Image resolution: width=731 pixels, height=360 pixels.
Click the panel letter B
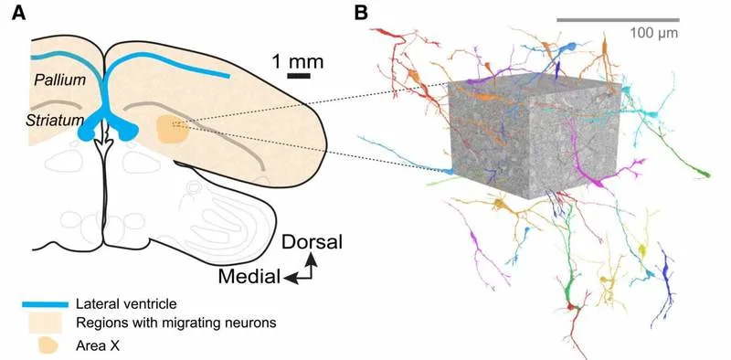361,13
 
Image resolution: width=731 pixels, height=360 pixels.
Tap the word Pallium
59,80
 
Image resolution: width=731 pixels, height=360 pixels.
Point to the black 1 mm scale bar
298,76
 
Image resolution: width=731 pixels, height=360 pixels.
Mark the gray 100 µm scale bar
618,19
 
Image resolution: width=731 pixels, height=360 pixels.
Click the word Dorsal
312,243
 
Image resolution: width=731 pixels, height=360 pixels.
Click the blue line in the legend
44,303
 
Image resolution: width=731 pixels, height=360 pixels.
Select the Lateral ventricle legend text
128,303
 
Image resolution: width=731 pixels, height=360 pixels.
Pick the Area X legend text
100,344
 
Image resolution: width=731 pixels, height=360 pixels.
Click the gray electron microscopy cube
535,137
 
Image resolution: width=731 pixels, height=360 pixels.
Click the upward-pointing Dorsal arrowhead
312,259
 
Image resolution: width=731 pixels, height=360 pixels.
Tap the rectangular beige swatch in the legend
44,323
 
